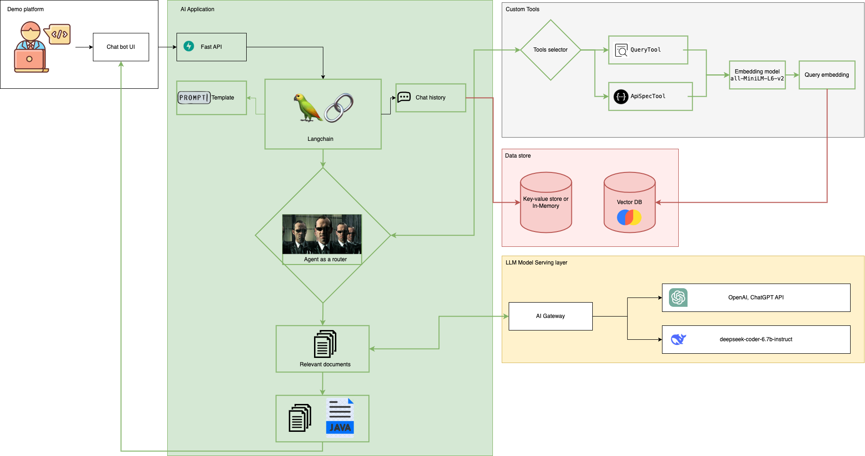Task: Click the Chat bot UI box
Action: click(x=121, y=47)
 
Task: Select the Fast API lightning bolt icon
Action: click(x=189, y=46)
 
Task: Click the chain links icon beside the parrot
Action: click(x=339, y=107)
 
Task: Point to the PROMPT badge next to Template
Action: click(x=194, y=98)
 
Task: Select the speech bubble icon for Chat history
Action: click(x=404, y=97)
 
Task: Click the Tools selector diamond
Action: click(x=550, y=50)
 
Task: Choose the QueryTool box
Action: click(x=648, y=50)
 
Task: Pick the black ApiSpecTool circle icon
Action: click(x=621, y=97)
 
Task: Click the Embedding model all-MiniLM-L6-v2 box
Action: click(x=757, y=75)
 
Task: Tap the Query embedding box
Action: click(x=827, y=75)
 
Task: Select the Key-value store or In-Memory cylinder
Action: click(x=546, y=202)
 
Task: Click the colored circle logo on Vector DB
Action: click(x=629, y=217)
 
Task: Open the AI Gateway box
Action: click(x=550, y=316)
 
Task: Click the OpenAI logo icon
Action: click(x=678, y=297)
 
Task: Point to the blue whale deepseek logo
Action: click(x=678, y=339)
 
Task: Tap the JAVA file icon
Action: click(x=340, y=417)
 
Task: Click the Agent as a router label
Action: click(x=325, y=259)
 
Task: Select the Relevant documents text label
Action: click(x=325, y=364)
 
